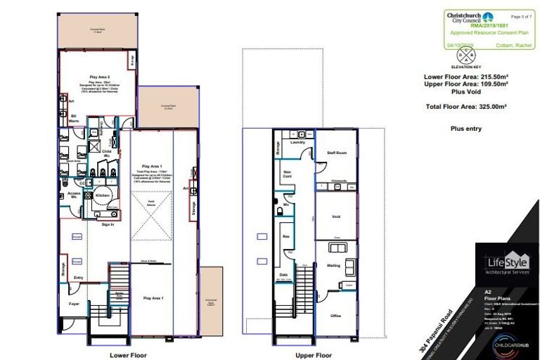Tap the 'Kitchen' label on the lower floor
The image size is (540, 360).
tap(103, 195)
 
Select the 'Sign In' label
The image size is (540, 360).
tap(107, 224)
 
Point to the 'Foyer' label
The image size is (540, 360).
tap(73, 304)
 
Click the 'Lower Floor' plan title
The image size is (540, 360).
tap(129, 355)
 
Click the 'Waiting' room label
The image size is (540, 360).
tap(334, 265)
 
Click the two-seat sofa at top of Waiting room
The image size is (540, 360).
tap(337, 247)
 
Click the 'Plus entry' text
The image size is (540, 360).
tap(465, 129)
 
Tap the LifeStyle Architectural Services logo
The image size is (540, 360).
tap(506, 264)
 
